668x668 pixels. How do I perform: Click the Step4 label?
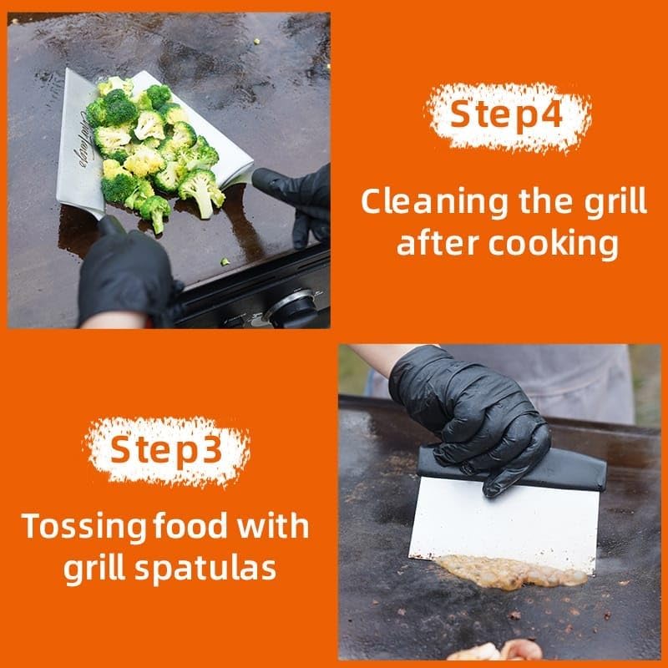tap(506, 114)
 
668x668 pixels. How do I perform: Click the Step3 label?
tap(166, 449)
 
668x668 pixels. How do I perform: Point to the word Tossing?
tap(83, 528)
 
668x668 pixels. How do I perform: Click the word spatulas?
tap(205, 569)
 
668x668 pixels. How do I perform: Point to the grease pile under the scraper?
tap(511, 572)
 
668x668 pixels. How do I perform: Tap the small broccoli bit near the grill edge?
tap(225, 261)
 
